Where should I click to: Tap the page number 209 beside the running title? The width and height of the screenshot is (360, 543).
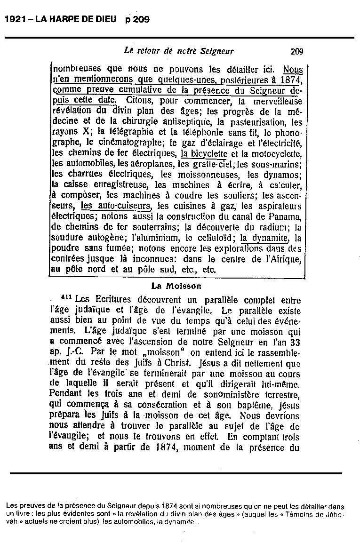(x=297, y=51)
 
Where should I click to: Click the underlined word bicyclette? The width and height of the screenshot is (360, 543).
(x=204, y=153)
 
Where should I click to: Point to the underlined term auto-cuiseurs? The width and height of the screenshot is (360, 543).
(x=116, y=206)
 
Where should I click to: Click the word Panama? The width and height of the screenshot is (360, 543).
(x=284, y=216)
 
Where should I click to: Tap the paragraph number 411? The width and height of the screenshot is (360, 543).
(x=67, y=298)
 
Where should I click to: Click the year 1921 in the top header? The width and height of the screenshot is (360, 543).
(x=14, y=19)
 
